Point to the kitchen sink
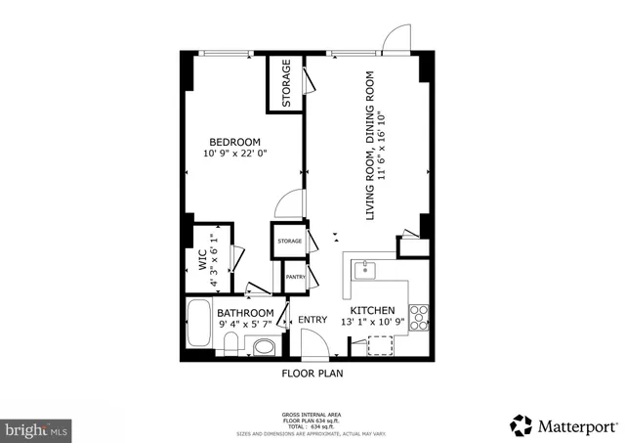pyautogui.click(x=364, y=268)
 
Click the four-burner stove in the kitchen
pyautogui.click(x=419, y=315)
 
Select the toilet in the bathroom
pyautogui.click(x=230, y=343)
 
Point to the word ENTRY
pyautogui.click(x=312, y=320)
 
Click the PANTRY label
pyautogui.click(x=295, y=278)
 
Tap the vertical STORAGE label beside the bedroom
pyautogui.click(x=286, y=84)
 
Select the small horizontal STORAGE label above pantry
pyautogui.click(x=289, y=241)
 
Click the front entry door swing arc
pyautogui.click(x=314, y=342)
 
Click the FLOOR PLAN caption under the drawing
pyautogui.click(x=312, y=373)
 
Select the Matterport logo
pyautogui.click(x=564, y=425)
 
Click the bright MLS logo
pyautogui.click(x=37, y=427)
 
